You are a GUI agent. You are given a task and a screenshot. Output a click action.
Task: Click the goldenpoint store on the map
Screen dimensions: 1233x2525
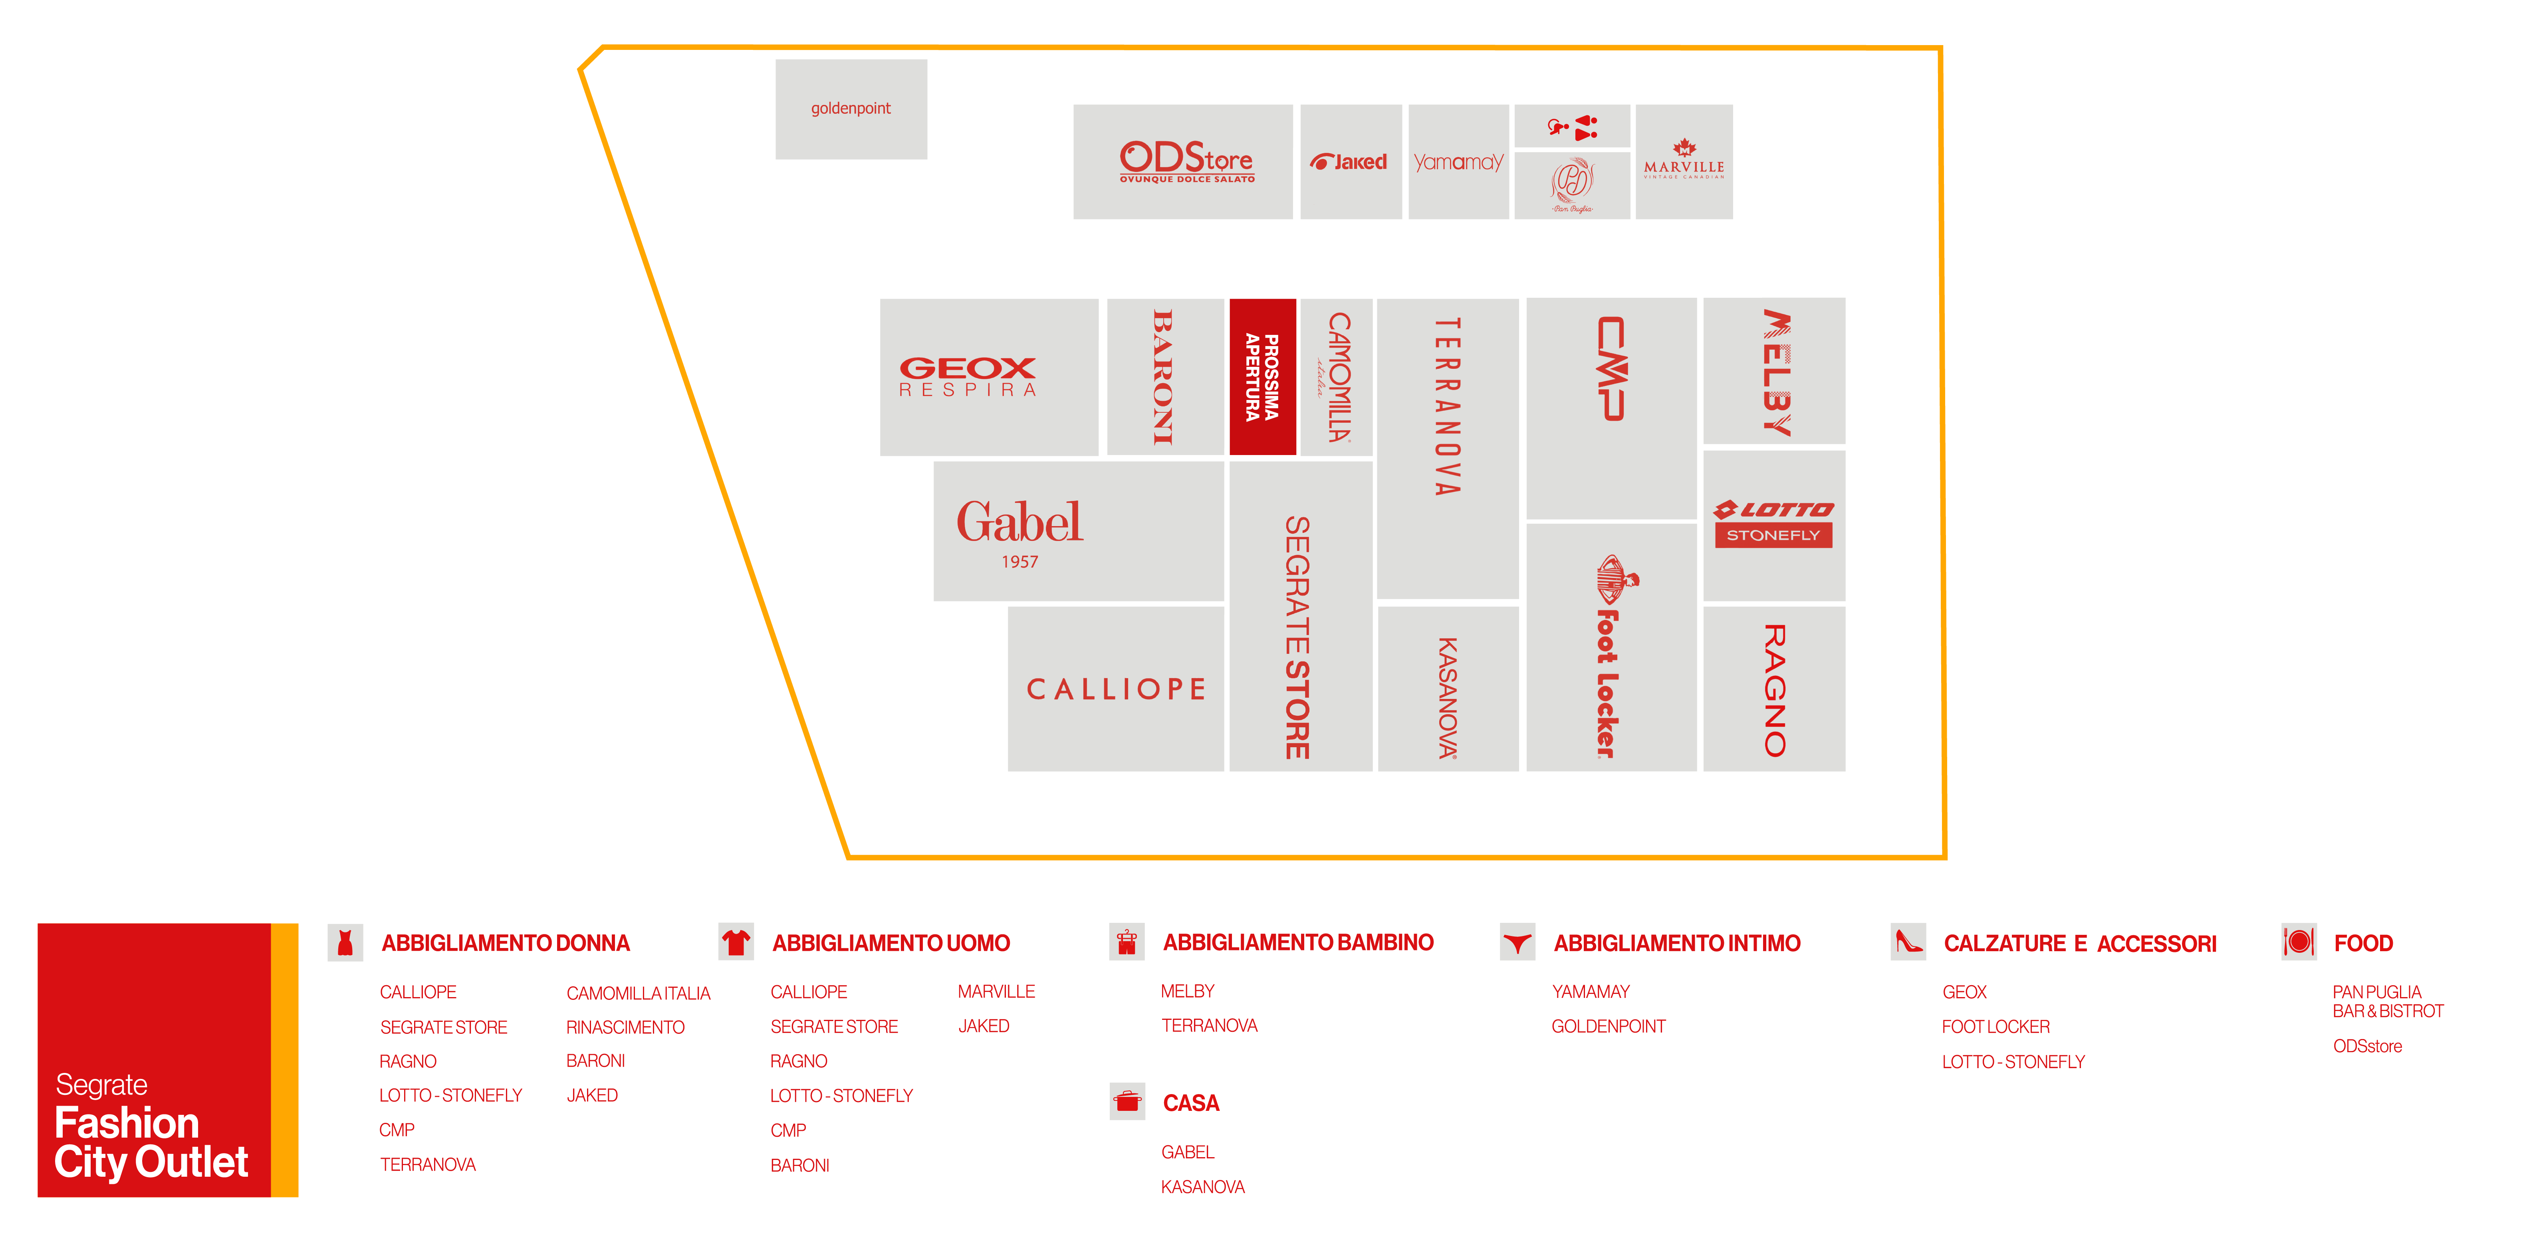pos(851,109)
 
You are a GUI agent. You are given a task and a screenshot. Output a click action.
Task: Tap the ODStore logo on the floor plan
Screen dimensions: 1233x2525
pos(1186,162)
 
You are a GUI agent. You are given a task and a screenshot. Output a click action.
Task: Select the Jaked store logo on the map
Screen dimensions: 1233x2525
pos(1350,162)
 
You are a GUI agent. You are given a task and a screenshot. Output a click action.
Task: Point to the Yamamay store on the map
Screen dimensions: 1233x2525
pos(1458,162)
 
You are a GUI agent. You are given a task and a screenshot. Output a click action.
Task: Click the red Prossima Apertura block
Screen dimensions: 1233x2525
pos(1263,376)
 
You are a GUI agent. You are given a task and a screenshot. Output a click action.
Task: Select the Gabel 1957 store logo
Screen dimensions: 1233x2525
pos(1020,531)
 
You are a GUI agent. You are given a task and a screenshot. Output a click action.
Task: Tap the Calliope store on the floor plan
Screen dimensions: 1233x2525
pos(1115,689)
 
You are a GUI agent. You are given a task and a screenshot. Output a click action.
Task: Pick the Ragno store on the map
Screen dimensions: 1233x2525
pos(1774,689)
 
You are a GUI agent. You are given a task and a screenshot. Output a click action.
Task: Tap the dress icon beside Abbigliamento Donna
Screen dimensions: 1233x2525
pos(345,943)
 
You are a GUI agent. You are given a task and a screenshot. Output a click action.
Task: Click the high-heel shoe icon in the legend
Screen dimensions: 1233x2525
pos(1908,943)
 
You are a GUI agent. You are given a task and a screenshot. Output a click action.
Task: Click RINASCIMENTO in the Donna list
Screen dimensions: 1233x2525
pos(625,1027)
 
